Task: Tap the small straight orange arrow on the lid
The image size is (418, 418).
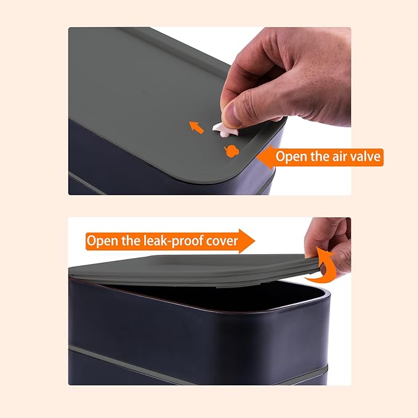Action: pyautogui.click(x=196, y=127)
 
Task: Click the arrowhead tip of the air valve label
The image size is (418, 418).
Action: pyautogui.click(x=259, y=157)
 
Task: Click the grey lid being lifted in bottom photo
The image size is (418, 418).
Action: pyautogui.click(x=197, y=267)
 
